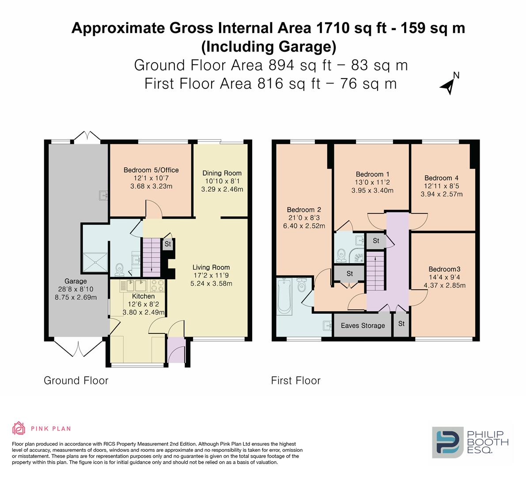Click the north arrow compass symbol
[x=449, y=84]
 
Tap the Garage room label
[x=76, y=281]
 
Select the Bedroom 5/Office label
[x=151, y=170]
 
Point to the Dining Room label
[x=222, y=173]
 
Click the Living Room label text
[x=211, y=267]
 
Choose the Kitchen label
[x=143, y=296]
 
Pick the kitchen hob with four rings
[x=157, y=286]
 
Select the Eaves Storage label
[x=363, y=326]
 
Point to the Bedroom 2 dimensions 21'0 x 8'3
[x=304, y=218]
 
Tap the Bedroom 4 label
[x=441, y=178]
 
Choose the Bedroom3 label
[x=444, y=269]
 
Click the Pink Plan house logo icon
[x=19, y=428]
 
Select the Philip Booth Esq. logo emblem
[x=447, y=442]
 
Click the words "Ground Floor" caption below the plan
[x=76, y=380]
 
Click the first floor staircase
[x=375, y=272]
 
